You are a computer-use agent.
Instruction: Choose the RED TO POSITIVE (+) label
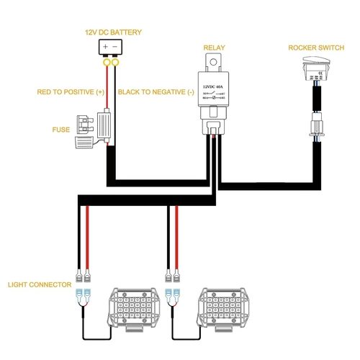[71, 92]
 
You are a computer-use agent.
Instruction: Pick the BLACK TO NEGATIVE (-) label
[156, 92]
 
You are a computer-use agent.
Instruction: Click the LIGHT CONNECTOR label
[40, 285]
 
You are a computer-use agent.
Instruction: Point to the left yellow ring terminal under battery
[105, 64]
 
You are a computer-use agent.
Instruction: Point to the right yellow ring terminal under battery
[115, 64]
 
